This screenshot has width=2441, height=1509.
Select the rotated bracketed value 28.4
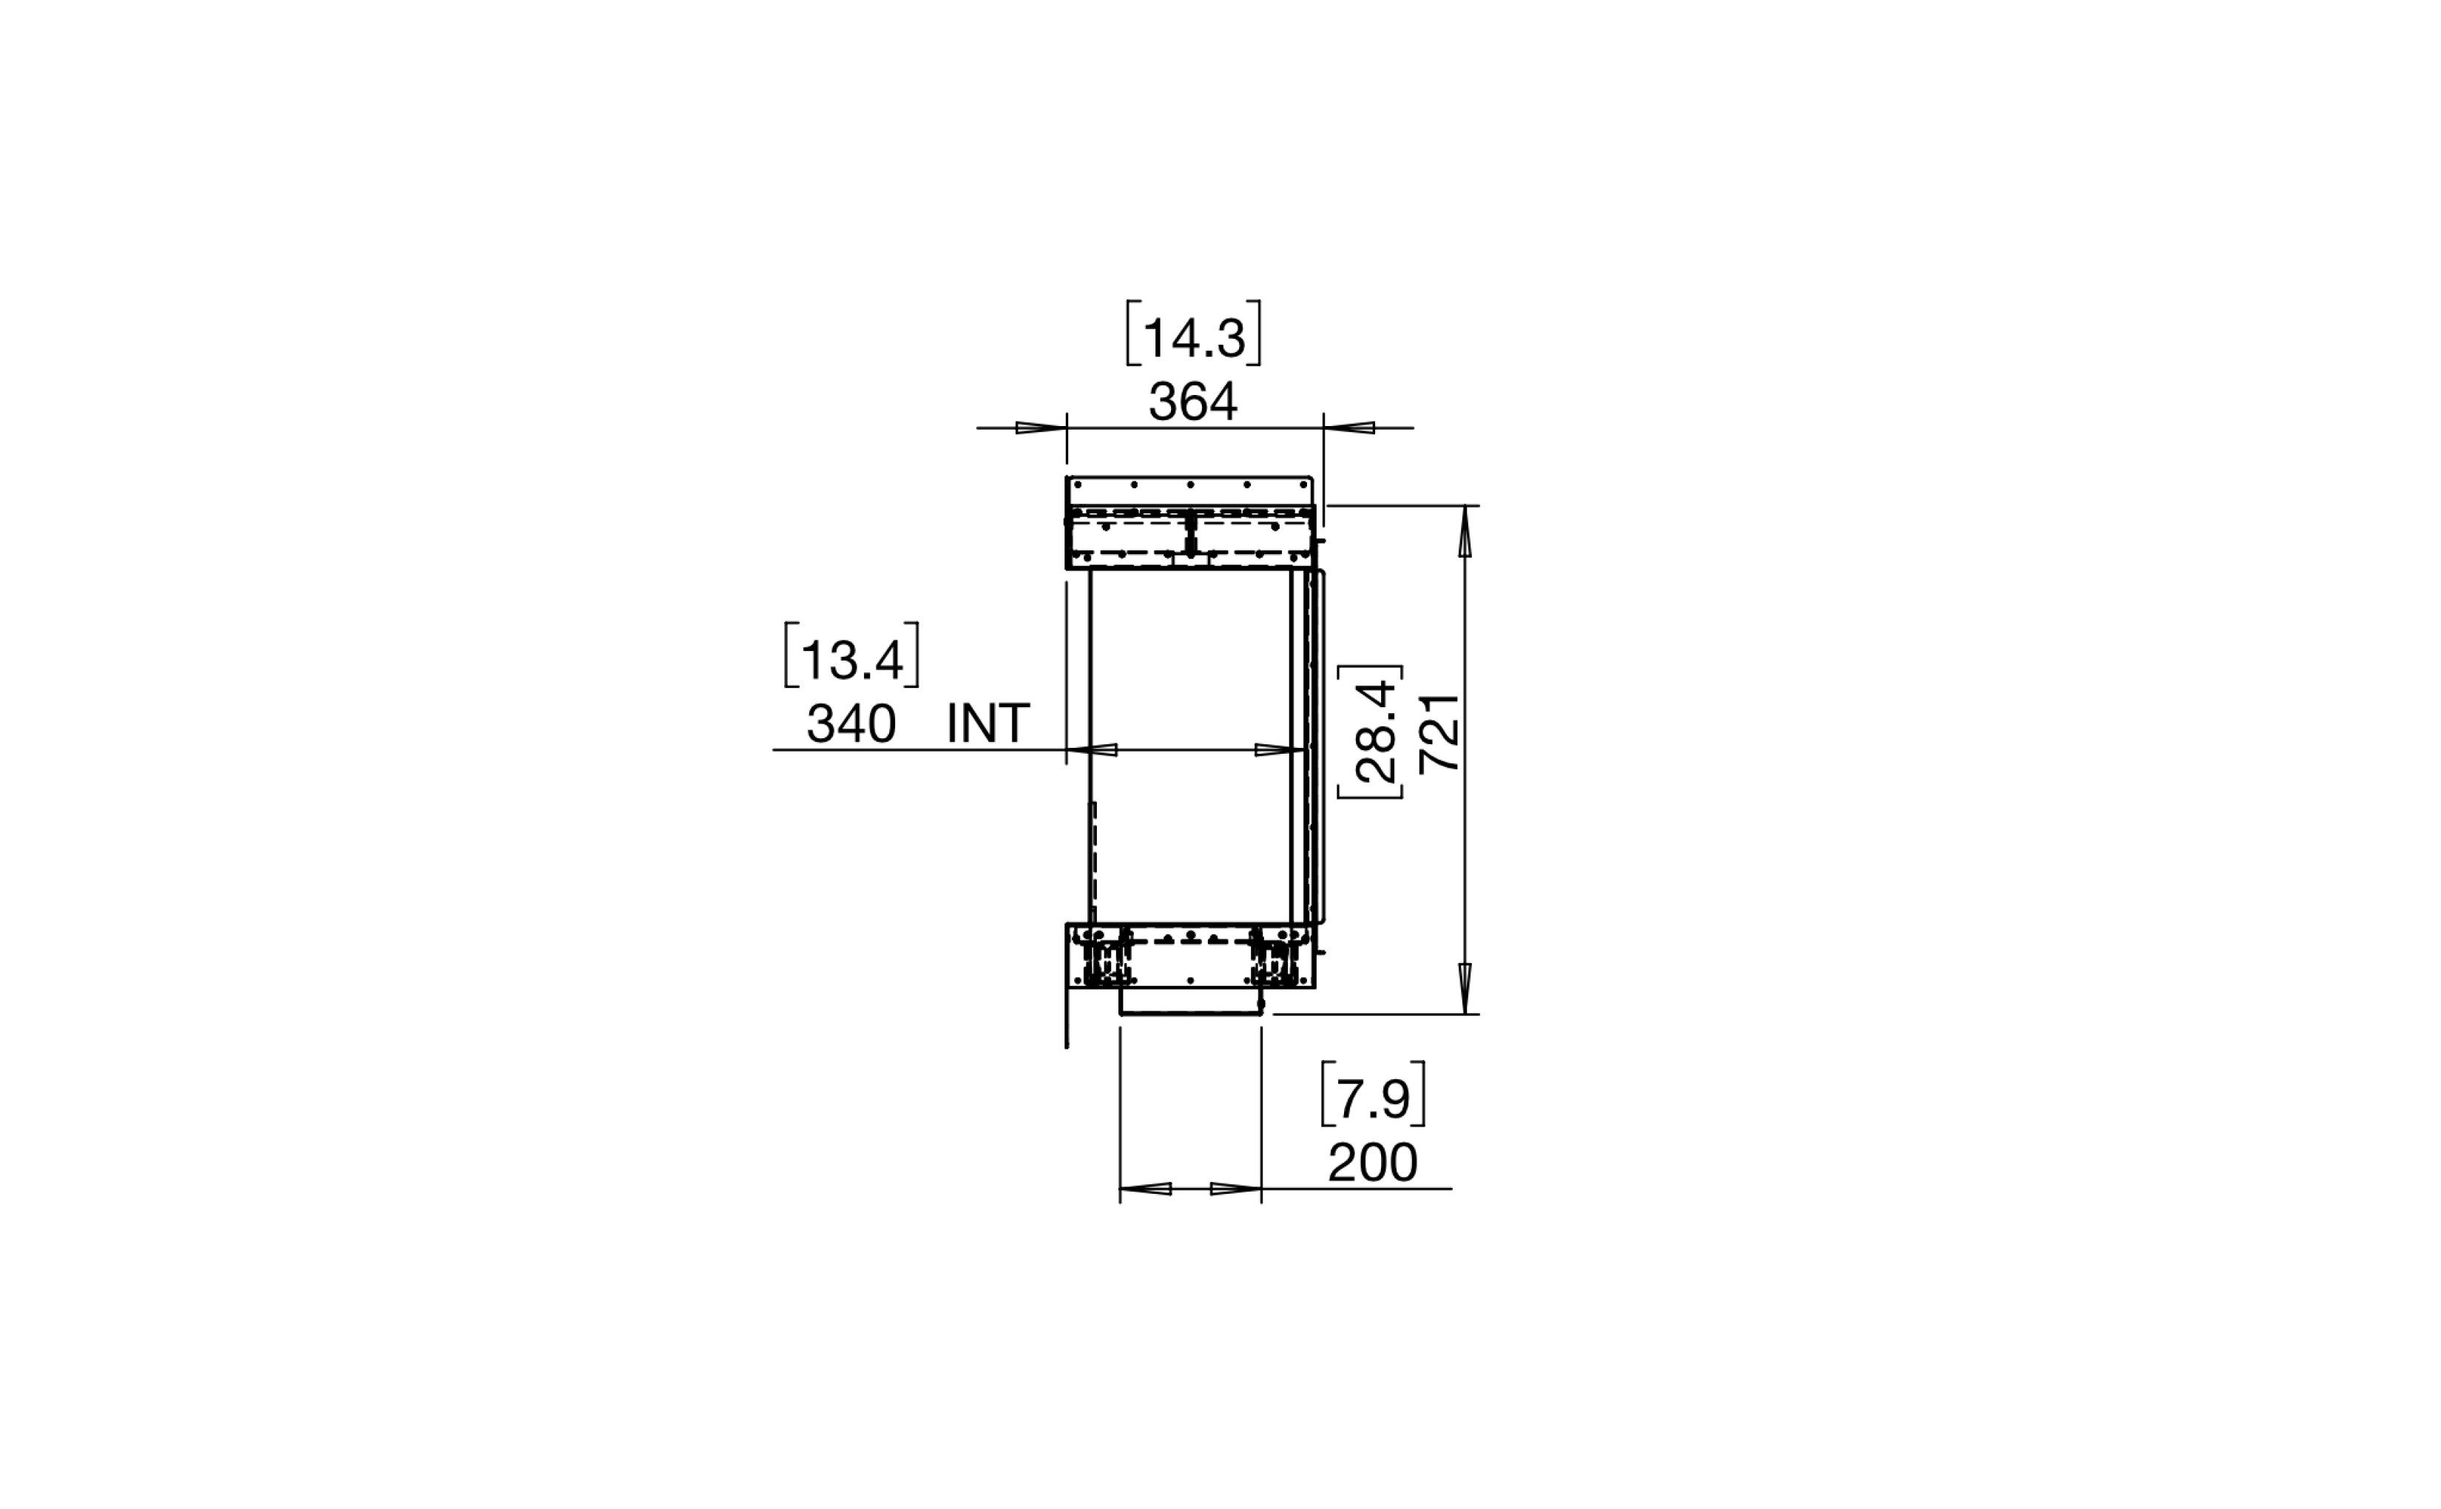point(1377,732)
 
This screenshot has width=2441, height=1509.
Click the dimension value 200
point(1372,1163)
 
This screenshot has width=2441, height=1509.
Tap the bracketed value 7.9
point(1372,1098)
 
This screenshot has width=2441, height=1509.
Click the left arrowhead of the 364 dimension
point(1041,428)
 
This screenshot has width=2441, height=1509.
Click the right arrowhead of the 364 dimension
point(1350,428)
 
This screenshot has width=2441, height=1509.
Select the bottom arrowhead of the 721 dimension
point(1465,988)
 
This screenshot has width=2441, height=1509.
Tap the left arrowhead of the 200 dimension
point(1146,1189)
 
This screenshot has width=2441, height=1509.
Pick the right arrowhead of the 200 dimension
point(1235,1189)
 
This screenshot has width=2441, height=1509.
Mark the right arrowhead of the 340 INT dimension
point(1280,749)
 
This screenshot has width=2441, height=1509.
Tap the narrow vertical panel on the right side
point(1318,746)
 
